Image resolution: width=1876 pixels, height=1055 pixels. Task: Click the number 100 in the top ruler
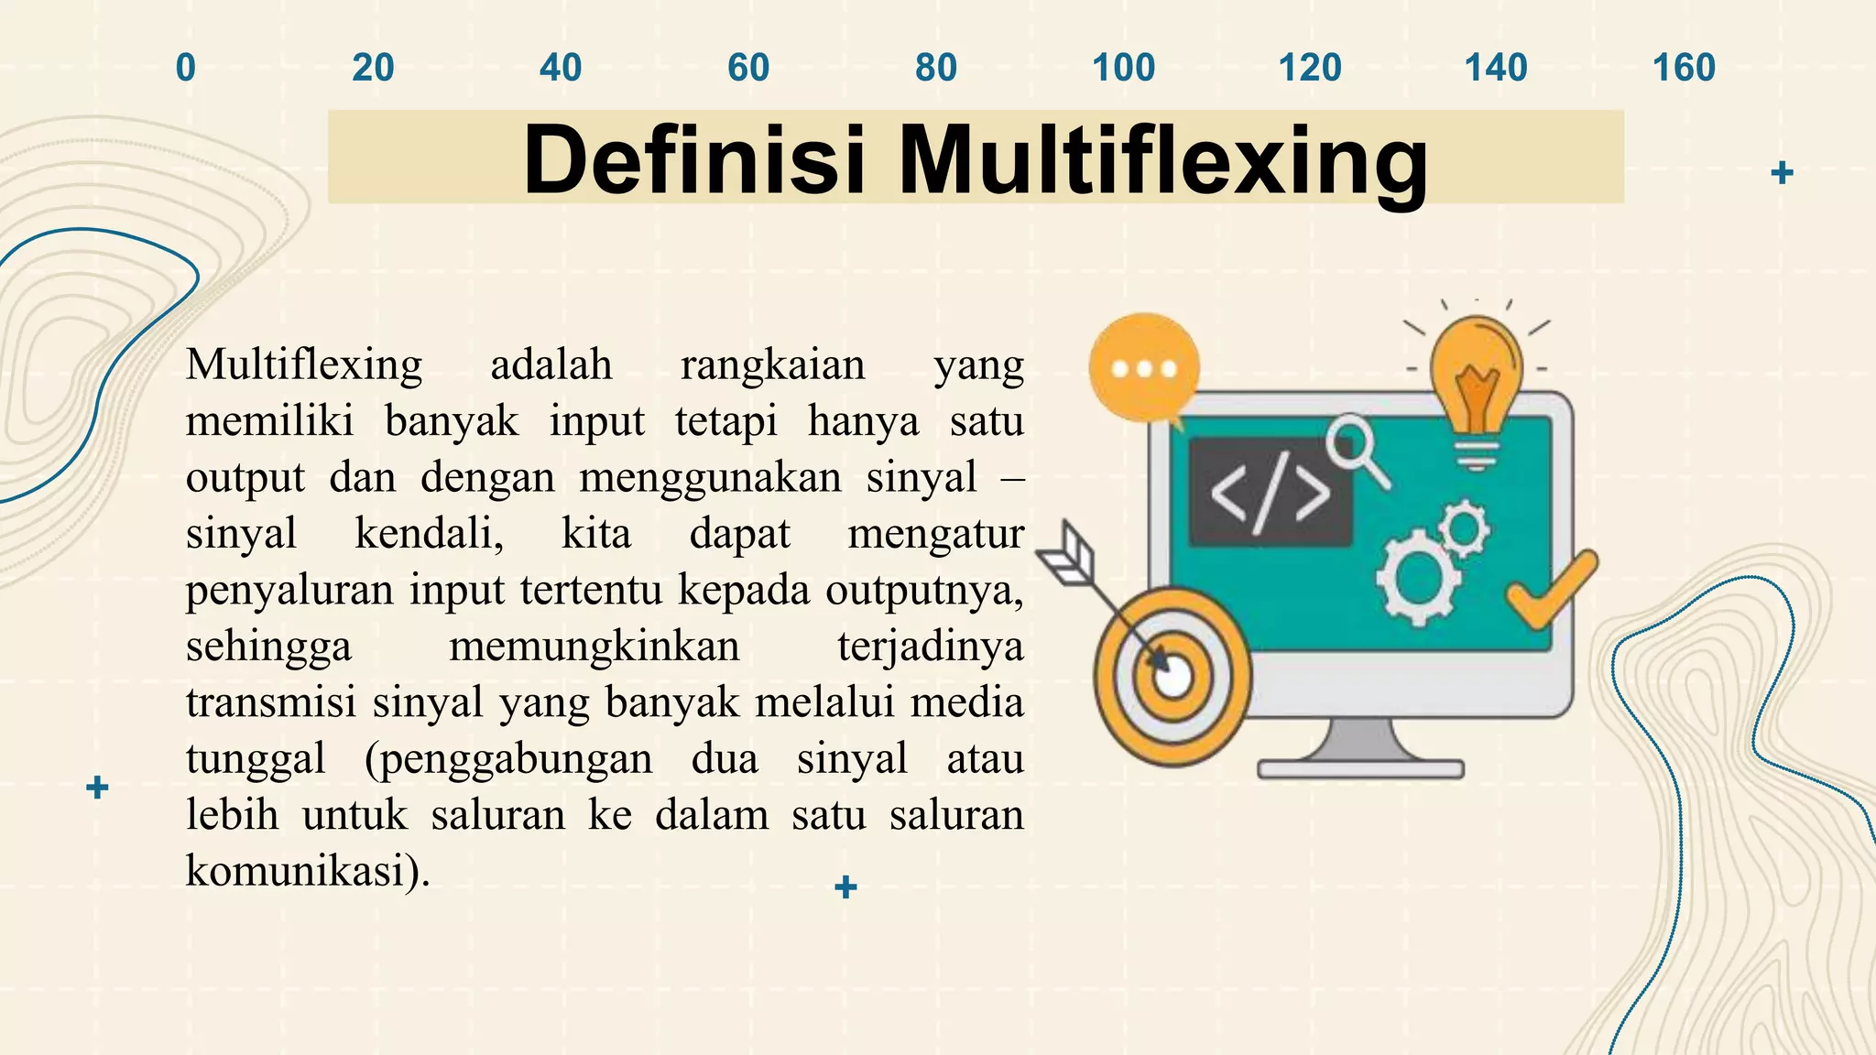pos(1123,68)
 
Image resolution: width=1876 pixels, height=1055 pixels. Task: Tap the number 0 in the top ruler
pos(186,68)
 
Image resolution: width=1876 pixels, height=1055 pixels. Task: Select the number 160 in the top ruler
pos(1684,68)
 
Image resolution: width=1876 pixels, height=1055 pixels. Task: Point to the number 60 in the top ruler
pos(748,68)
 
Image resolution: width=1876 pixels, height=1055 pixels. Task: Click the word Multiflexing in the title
pos(1162,161)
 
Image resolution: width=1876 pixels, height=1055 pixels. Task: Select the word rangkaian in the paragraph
pos(772,365)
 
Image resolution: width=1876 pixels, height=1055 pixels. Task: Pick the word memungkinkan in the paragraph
pos(594,647)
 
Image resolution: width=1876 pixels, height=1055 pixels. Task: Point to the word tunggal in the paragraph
pos(256,759)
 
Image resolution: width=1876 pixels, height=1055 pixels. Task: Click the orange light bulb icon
pos(1476,385)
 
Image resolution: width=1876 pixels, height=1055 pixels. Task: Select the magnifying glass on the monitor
pos(1354,446)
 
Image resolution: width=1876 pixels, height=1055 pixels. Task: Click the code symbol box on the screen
pos(1270,493)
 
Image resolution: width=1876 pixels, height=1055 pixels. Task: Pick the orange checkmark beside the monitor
pos(1552,591)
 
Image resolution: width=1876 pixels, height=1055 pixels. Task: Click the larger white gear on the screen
pos(1417,578)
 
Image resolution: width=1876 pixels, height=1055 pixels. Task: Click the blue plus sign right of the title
pos(1782,172)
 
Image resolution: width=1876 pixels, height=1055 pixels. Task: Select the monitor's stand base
pos(1360,768)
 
